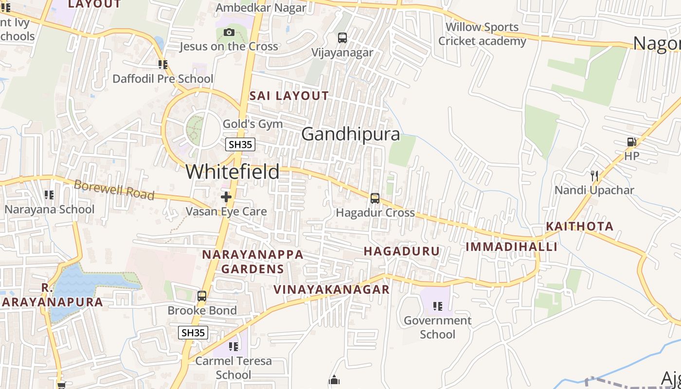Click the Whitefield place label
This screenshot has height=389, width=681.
(x=233, y=172)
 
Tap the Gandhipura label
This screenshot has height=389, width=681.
(x=350, y=134)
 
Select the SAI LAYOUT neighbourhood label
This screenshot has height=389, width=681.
(x=289, y=96)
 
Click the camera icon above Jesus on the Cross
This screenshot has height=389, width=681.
(x=229, y=33)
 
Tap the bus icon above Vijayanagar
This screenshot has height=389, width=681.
(x=342, y=38)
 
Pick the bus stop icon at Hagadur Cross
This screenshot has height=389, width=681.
(x=375, y=198)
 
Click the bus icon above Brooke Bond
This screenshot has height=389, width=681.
(x=202, y=296)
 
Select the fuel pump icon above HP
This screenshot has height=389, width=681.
(x=631, y=142)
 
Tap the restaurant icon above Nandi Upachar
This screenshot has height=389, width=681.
(x=594, y=176)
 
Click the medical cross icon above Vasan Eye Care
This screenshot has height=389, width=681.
(x=226, y=197)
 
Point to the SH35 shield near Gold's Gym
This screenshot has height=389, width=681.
(x=241, y=144)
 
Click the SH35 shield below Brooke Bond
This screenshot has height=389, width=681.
(x=193, y=333)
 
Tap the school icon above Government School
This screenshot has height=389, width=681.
(x=437, y=306)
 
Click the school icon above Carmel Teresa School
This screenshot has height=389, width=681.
(x=233, y=347)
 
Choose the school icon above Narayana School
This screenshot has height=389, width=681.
(x=49, y=195)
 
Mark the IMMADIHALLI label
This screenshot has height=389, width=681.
(x=511, y=247)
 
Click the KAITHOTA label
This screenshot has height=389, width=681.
(x=579, y=226)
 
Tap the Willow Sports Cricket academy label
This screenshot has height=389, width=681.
(x=482, y=34)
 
